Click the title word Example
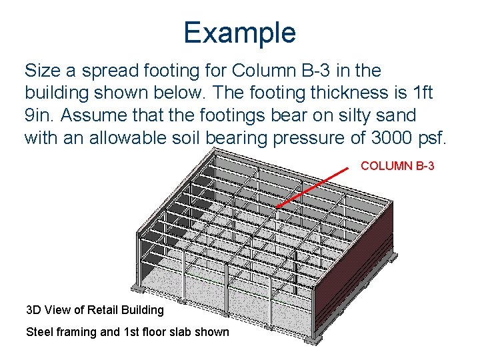239,32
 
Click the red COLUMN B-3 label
397,165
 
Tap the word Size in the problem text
42,70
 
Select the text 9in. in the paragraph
40,115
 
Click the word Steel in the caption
38,332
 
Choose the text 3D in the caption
33,309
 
